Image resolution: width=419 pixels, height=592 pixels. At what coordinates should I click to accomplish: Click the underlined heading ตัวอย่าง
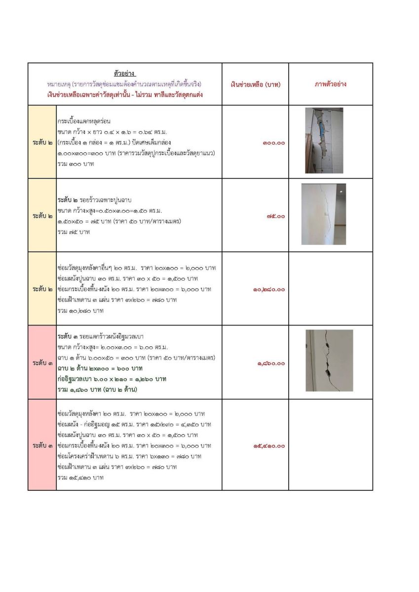pos(125,74)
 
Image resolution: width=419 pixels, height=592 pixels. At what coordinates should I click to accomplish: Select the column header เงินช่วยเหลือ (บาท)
pos(255,84)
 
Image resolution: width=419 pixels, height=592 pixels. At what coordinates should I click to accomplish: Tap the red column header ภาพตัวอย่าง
pos(331,84)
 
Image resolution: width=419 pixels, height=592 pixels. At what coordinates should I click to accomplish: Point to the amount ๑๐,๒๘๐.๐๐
pos(268,289)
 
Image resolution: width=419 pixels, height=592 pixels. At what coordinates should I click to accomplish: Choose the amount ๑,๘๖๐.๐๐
pos(270,363)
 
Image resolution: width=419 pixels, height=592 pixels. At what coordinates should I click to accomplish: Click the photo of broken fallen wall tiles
pos(324,141)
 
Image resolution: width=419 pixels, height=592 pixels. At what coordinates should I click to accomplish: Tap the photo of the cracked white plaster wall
pos(323,214)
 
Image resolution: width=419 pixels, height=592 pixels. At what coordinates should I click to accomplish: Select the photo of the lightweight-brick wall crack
pos(329,361)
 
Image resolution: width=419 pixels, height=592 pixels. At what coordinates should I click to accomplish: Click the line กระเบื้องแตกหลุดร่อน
pos(83,120)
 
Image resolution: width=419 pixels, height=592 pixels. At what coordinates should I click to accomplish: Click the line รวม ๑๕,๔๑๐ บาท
pos(80,478)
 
